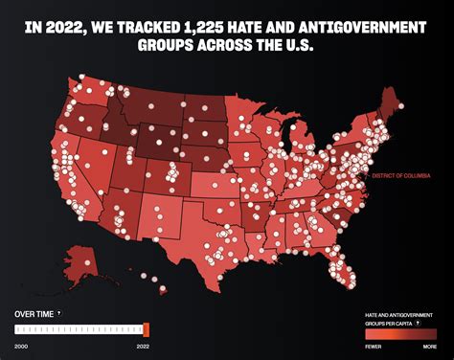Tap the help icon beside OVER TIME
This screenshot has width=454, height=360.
[x=58, y=313]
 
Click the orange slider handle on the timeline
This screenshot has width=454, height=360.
[x=147, y=328]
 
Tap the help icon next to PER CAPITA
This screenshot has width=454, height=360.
[x=417, y=323]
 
